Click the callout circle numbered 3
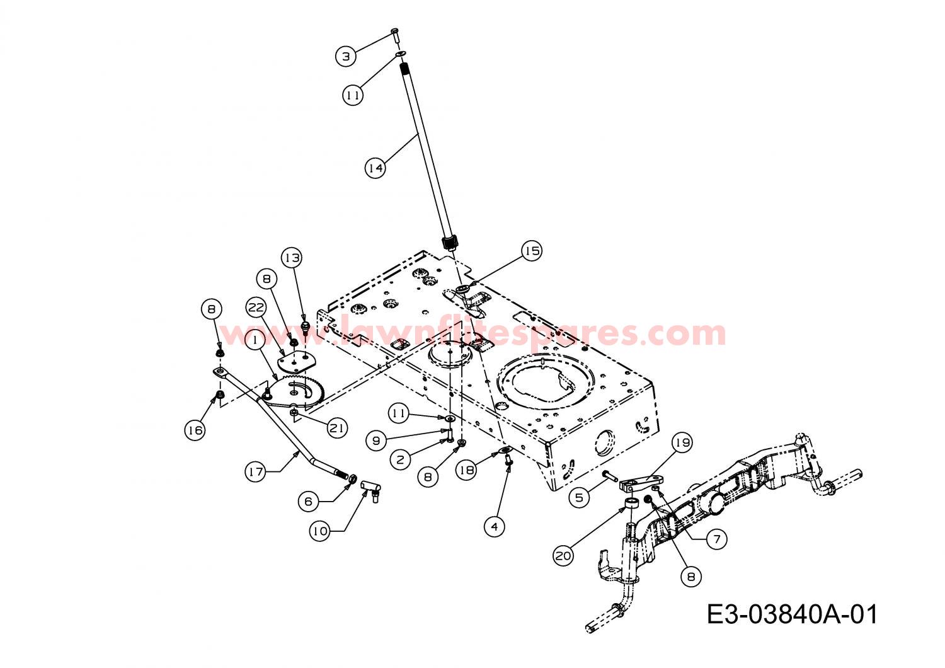click(x=346, y=56)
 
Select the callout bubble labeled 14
click(x=375, y=168)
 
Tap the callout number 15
click(x=532, y=251)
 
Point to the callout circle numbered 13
click(x=292, y=257)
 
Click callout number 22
click(x=256, y=307)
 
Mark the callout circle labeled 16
click(x=195, y=430)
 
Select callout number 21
click(x=336, y=429)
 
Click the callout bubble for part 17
click(x=256, y=471)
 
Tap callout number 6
click(x=309, y=502)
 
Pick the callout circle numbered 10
click(x=320, y=531)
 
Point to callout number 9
click(x=376, y=441)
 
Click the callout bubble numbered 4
click(x=495, y=526)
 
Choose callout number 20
click(x=563, y=555)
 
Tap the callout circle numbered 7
click(x=717, y=539)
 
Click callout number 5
click(x=579, y=497)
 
